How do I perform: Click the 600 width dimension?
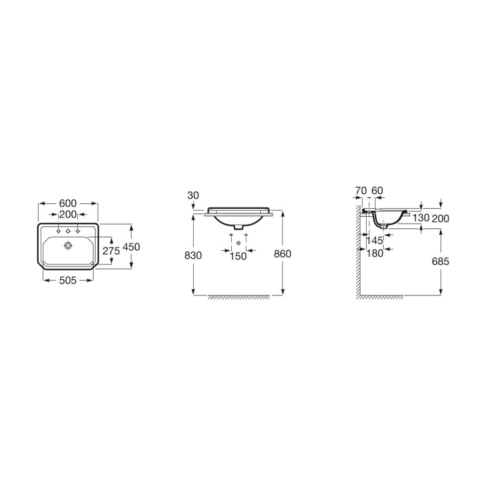coord(68,203)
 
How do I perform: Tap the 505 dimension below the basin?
coord(68,281)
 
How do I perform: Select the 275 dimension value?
coord(111,251)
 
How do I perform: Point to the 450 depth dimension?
coord(131,247)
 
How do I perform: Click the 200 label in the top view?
coord(68,214)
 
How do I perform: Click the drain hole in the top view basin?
coord(68,246)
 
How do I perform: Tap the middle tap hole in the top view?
coord(68,231)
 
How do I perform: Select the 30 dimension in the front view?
coord(193,195)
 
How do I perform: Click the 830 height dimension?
coord(193,256)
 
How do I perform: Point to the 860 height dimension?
coord(283,253)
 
